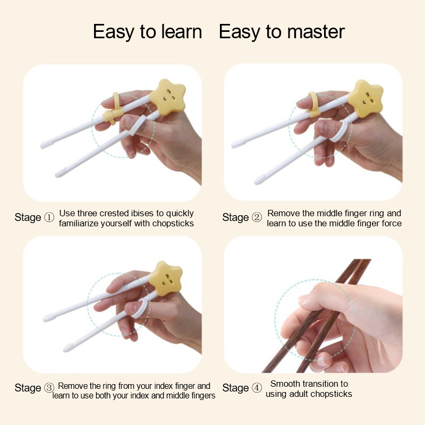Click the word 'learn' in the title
182,32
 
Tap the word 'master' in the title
316,32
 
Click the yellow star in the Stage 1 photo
167,97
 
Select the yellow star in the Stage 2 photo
365,98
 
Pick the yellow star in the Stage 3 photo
166,278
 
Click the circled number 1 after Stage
49,217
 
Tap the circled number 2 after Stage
257,217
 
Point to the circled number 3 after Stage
49,388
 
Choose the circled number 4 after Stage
257,388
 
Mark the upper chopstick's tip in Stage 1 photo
42,146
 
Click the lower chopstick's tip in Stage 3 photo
65,350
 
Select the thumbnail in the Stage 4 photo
303,299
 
